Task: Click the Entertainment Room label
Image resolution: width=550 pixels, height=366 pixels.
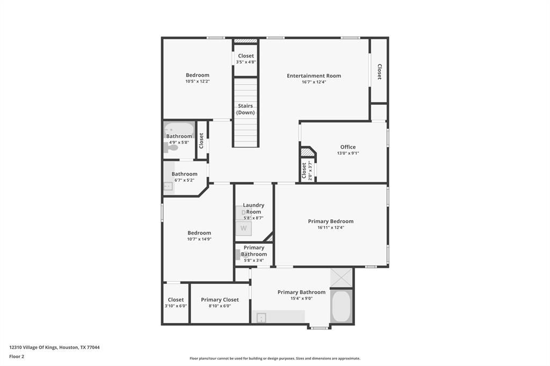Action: click(314, 76)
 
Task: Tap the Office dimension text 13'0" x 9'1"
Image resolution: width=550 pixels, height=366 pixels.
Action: click(348, 153)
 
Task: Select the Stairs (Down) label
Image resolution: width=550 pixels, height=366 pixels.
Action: click(245, 109)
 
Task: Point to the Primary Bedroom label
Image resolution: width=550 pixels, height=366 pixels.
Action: click(331, 221)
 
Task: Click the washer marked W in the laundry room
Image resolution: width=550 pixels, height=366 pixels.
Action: click(243, 228)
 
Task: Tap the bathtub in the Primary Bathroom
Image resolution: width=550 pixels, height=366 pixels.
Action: click(341, 306)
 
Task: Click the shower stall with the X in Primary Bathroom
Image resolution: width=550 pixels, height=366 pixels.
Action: click(341, 277)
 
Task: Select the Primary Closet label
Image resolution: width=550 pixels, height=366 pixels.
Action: click(220, 300)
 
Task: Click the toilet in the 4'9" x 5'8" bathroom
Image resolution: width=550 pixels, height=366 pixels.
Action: click(171, 148)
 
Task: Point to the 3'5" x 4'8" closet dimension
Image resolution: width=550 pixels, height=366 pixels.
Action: click(246, 62)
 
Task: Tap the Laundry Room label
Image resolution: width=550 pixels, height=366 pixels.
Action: click(254, 208)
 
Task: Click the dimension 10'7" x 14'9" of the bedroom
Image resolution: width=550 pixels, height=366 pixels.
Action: click(199, 239)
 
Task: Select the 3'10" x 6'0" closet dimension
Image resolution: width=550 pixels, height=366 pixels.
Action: click(176, 306)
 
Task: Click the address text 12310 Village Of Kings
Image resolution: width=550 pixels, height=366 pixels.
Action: click(33, 347)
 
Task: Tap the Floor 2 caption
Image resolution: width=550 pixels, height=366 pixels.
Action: click(17, 356)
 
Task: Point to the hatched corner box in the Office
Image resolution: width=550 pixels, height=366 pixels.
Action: click(308, 152)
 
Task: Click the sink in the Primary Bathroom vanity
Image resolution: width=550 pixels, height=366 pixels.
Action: click(262, 318)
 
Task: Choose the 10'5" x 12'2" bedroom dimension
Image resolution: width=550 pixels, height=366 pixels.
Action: click(198, 82)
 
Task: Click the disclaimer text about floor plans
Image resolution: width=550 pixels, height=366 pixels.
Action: click(275, 358)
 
